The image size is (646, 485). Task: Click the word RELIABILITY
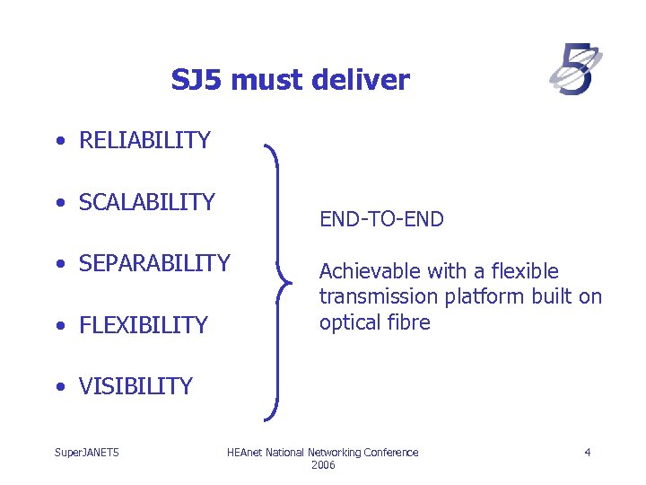click(x=144, y=140)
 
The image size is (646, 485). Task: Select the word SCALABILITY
click(x=147, y=202)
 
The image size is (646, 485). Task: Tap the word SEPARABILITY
click(x=154, y=263)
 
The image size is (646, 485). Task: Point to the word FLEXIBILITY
click(x=144, y=325)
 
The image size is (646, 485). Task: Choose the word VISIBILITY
click(x=135, y=386)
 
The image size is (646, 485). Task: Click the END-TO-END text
click(x=381, y=219)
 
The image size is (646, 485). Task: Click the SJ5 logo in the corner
click(x=575, y=71)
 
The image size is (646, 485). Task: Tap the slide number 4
click(x=587, y=453)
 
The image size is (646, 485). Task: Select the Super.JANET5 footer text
click(x=87, y=453)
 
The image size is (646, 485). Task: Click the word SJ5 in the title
click(x=196, y=81)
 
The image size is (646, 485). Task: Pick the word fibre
click(x=409, y=322)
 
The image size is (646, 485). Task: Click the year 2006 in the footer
click(x=323, y=465)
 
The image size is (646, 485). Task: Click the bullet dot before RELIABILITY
click(x=58, y=141)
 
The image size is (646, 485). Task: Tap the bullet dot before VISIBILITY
click(x=58, y=387)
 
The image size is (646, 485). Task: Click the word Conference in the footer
click(x=391, y=453)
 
